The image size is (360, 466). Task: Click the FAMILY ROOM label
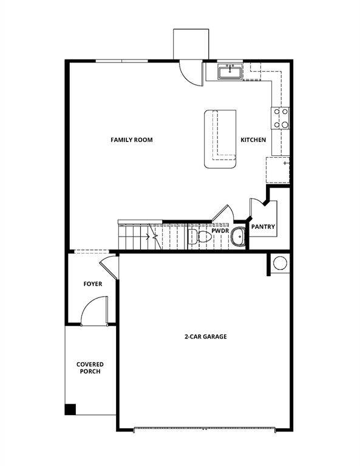[x=131, y=140]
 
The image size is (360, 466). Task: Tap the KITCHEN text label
[x=253, y=140]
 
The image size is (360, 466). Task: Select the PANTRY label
[x=263, y=228]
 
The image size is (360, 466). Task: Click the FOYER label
[x=92, y=284]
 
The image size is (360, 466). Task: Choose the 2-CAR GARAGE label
[x=206, y=337]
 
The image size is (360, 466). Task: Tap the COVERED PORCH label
[x=89, y=368]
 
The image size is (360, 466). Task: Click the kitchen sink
[x=231, y=72]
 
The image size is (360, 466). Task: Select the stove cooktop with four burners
[x=280, y=118]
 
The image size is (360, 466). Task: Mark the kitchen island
[x=220, y=139]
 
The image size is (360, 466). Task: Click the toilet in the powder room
[x=199, y=237]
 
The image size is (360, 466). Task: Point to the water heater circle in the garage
[x=280, y=263]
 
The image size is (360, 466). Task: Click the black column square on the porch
[x=70, y=410]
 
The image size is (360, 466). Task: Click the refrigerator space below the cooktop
[x=277, y=169]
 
